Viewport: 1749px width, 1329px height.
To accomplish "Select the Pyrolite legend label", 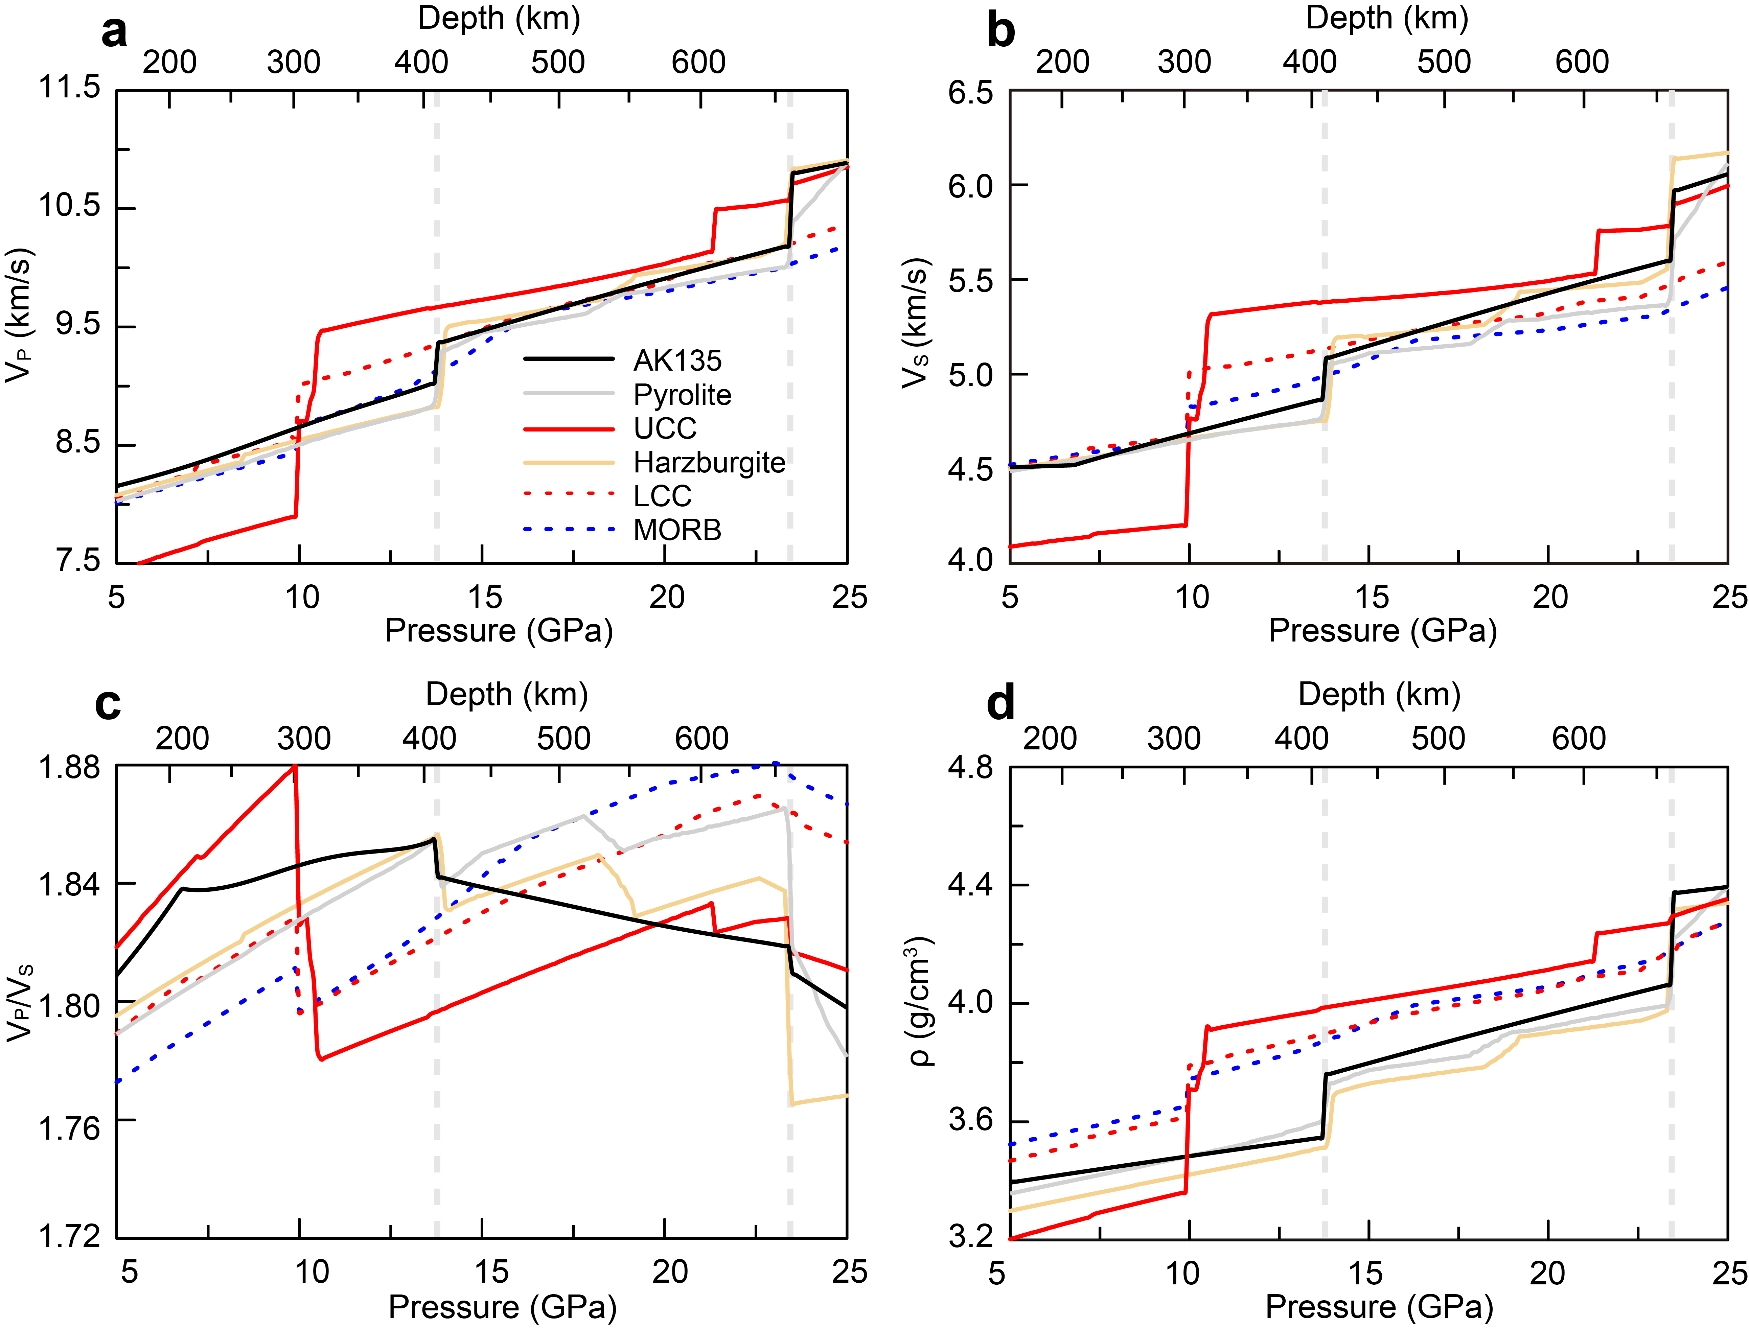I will pyautogui.click(x=682, y=395).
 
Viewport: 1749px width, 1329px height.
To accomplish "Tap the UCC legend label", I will pyautogui.click(x=665, y=429).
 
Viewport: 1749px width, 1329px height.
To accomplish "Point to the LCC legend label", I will pyautogui.click(x=662, y=496).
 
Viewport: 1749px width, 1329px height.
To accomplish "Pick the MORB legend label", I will pyautogui.click(x=677, y=530).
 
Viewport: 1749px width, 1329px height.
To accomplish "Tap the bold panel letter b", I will pyautogui.click(x=1001, y=32).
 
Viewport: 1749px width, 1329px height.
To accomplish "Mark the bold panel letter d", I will pyautogui.click(x=1001, y=702).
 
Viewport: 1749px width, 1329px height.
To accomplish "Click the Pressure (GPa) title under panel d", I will pyautogui.click(x=1379, y=1307).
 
